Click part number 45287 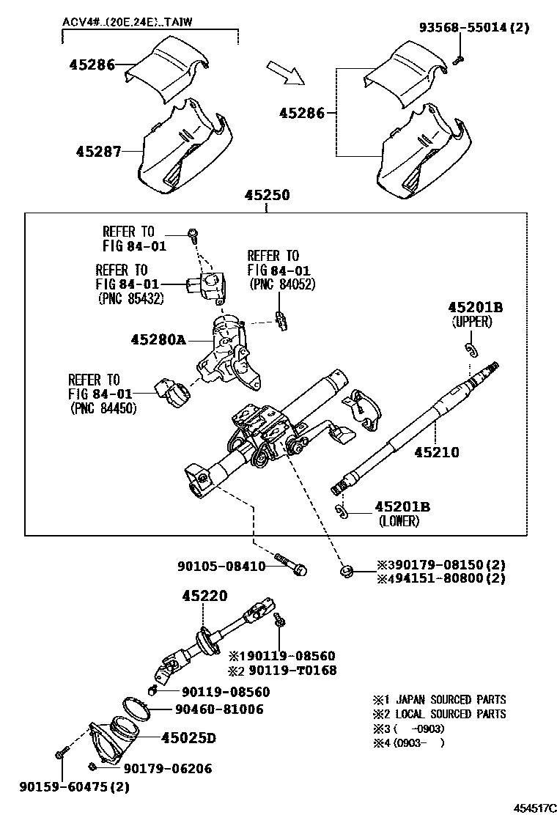tap(99, 152)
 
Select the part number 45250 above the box tap(267, 196)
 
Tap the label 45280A tap(158, 339)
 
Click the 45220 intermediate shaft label tap(205, 597)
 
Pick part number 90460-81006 tap(219, 709)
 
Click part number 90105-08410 tap(221, 566)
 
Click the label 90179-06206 tap(167, 768)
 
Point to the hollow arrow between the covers tap(284, 72)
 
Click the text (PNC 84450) tap(103, 408)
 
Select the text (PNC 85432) tap(130, 298)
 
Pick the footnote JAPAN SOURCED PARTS tap(446, 700)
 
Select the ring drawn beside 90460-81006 tap(136, 707)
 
